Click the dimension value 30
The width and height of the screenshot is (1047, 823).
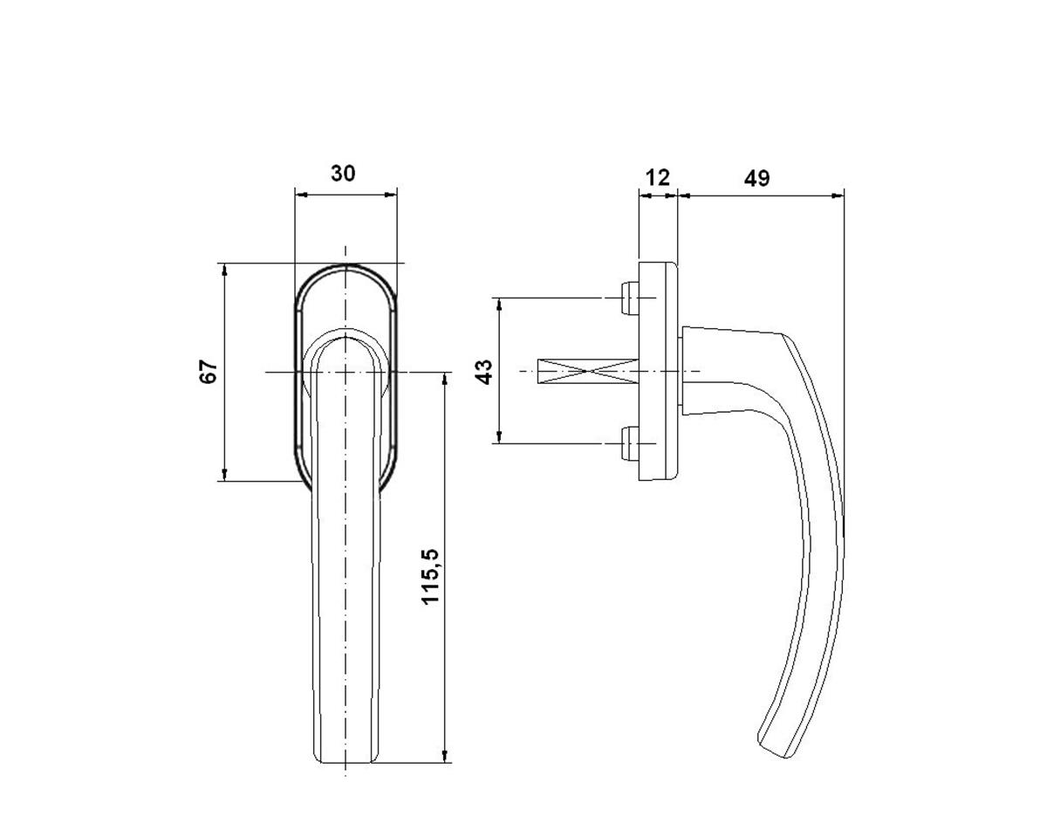(x=343, y=174)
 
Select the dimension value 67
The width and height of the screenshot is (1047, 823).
(x=209, y=372)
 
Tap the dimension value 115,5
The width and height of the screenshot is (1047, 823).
(x=430, y=576)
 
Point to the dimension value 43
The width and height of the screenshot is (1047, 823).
(x=484, y=372)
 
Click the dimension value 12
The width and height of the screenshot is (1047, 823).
(x=658, y=178)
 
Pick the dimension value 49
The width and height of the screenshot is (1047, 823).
(x=757, y=178)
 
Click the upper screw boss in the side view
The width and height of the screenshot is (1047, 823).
(x=630, y=298)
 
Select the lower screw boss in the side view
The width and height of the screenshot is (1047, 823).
(x=630, y=443)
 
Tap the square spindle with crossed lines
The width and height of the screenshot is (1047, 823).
(x=588, y=372)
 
